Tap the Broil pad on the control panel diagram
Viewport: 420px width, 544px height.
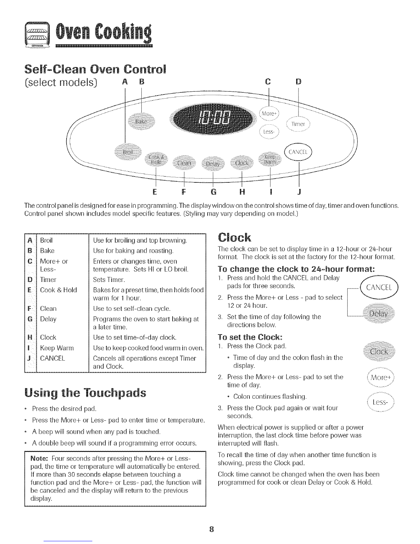pos(128,152)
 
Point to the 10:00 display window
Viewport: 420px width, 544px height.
pos(215,119)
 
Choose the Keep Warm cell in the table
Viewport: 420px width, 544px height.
pos(57,348)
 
